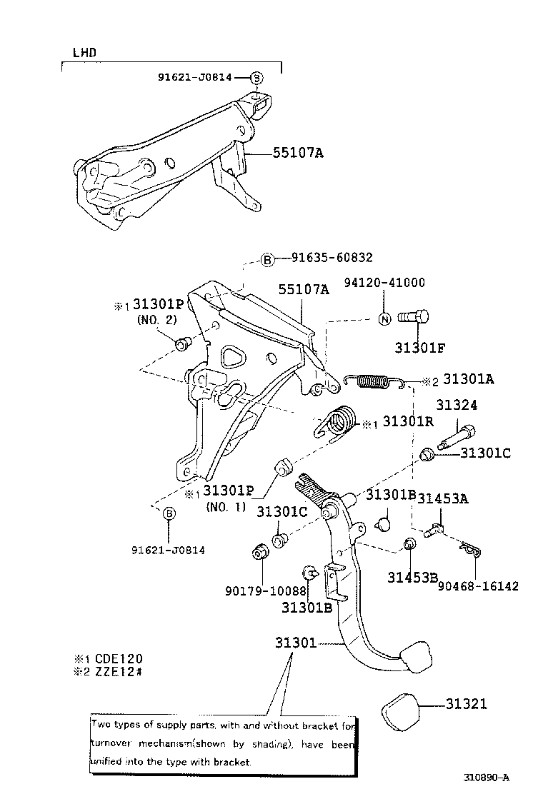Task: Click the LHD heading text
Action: pyautogui.click(x=84, y=53)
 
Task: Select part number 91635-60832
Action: pyautogui.click(x=332, y=258)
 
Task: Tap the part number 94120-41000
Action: pyautogui.click(x=384, y=283)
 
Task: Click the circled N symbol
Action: pyautogui.click(x=384, y=318)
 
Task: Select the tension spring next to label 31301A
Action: pyautogui.click(x=375, y=383)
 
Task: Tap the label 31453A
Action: pyautogui.click(x=443, y=498)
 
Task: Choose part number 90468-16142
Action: pyautogui.click(x=479, y=586)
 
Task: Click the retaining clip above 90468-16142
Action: pyautogui.click(x=469, y=549)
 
